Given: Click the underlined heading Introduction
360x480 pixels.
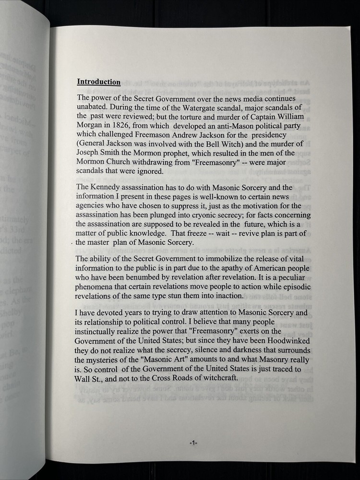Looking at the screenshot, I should click(x=99, y=82).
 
